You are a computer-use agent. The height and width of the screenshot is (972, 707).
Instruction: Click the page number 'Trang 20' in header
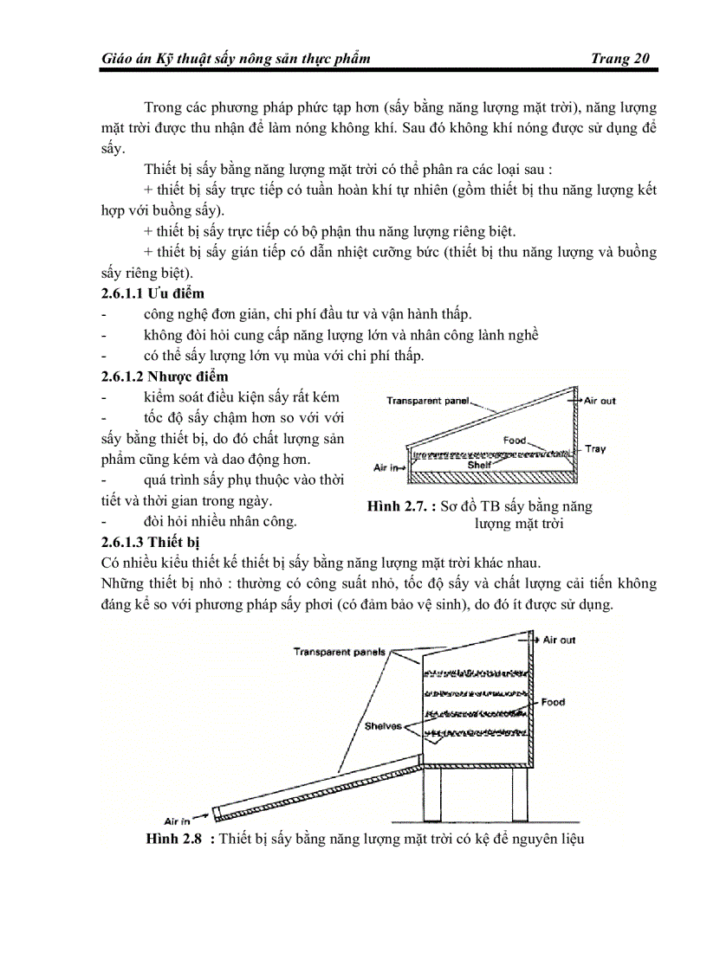(619, 58)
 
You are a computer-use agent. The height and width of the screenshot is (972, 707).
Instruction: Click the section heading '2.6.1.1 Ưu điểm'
(153, 293)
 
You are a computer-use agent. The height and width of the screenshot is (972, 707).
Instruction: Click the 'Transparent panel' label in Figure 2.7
(427, 401)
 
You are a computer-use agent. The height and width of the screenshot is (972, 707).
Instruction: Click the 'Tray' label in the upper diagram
(595, 448)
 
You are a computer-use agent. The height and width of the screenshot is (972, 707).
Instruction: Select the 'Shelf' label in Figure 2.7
(479, 464)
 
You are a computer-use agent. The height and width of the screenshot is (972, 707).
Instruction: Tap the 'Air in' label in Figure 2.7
(386, 467)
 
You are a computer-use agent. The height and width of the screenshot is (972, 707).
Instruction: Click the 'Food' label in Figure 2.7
(515, 440)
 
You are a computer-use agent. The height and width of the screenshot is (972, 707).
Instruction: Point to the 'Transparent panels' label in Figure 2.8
(339, 652)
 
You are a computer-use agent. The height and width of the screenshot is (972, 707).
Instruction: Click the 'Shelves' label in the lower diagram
(384, 726)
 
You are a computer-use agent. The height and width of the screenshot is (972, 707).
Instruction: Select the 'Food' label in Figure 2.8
(553, 702)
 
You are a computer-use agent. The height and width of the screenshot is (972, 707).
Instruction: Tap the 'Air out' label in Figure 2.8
(559, 640)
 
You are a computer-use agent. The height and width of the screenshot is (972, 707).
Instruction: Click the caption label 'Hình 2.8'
(173, 839)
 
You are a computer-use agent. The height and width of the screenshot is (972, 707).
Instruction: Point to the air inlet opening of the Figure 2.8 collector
(216, 814)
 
